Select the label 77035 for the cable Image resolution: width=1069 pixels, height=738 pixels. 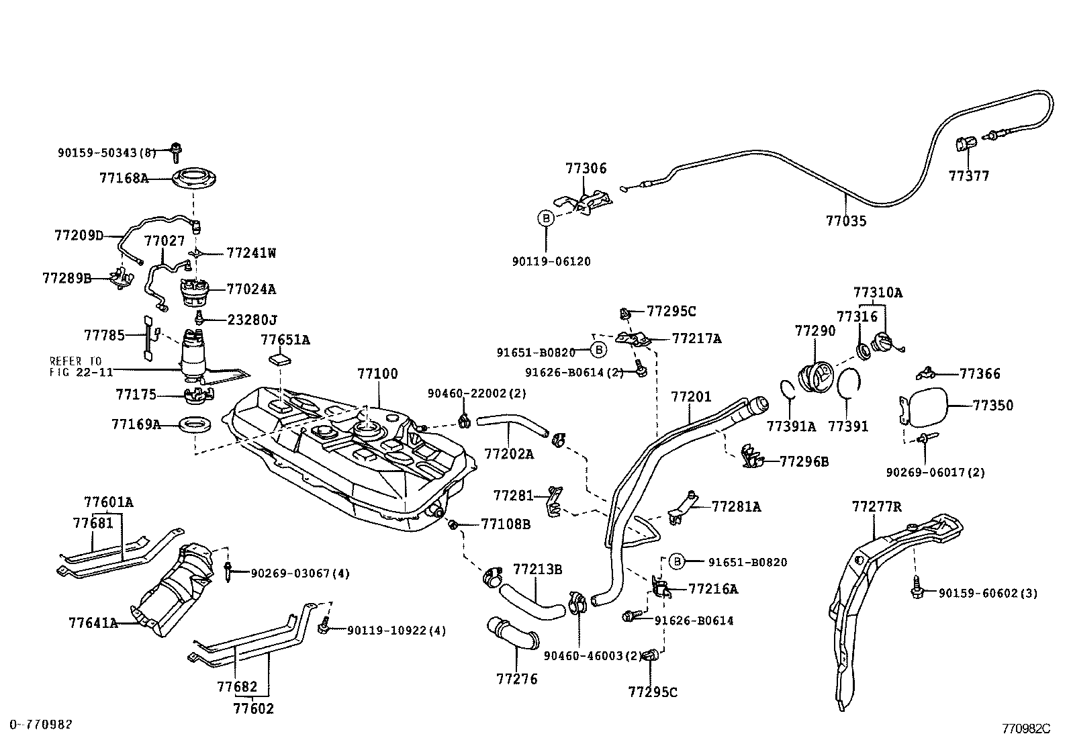coord(845,221)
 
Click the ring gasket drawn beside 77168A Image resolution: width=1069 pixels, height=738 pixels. coord(196,179)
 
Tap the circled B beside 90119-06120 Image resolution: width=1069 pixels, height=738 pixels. coord(546,218)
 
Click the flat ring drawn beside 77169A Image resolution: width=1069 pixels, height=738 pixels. coord(196,424)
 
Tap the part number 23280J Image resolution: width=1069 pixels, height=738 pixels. coord(252,320)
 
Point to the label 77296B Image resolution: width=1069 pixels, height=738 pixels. coord(804,461)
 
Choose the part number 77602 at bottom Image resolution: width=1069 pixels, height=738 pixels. coord(253,708)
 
